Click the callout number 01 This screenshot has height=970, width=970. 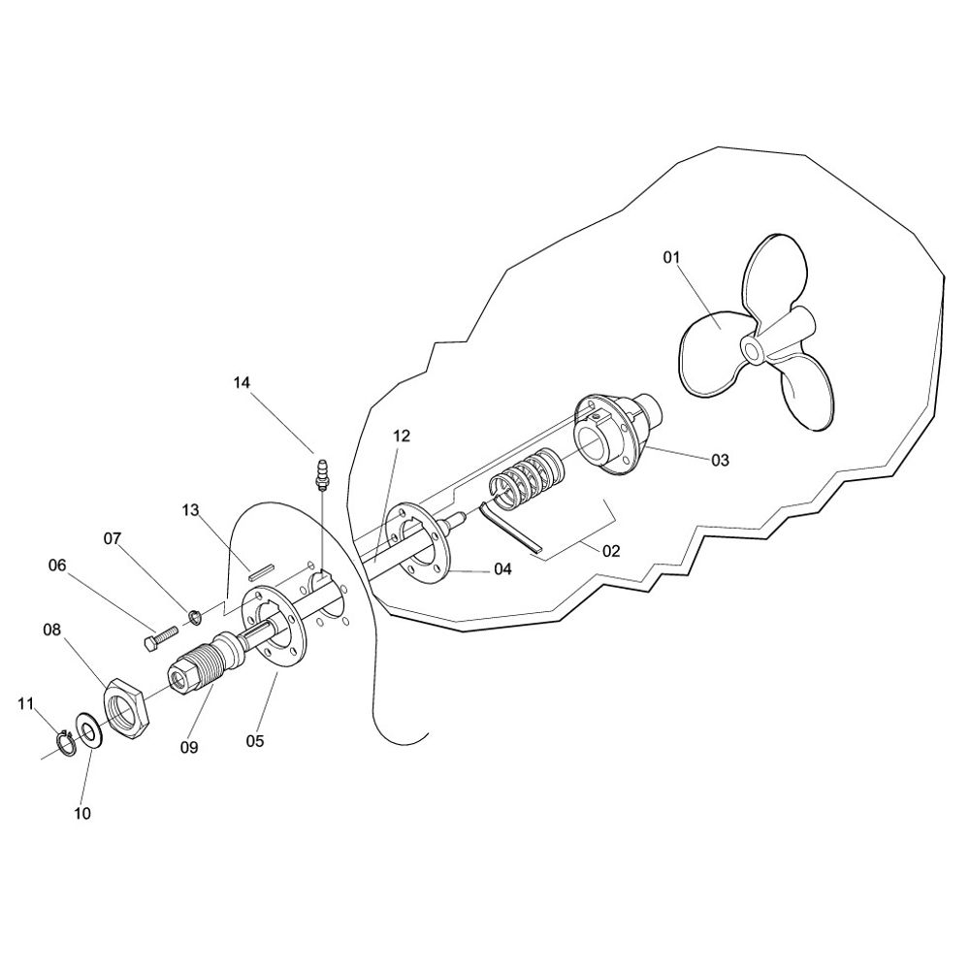(x=671, y=257)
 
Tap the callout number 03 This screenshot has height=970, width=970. (x=720, y=460)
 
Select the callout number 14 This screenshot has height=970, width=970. (x=242, y=383)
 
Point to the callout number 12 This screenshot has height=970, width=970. (x=402, y=436)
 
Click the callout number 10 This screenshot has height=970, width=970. (x=82, y=814)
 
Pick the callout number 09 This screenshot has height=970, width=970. (x=189, y=747)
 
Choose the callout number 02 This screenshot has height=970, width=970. (x=610, y=551)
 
